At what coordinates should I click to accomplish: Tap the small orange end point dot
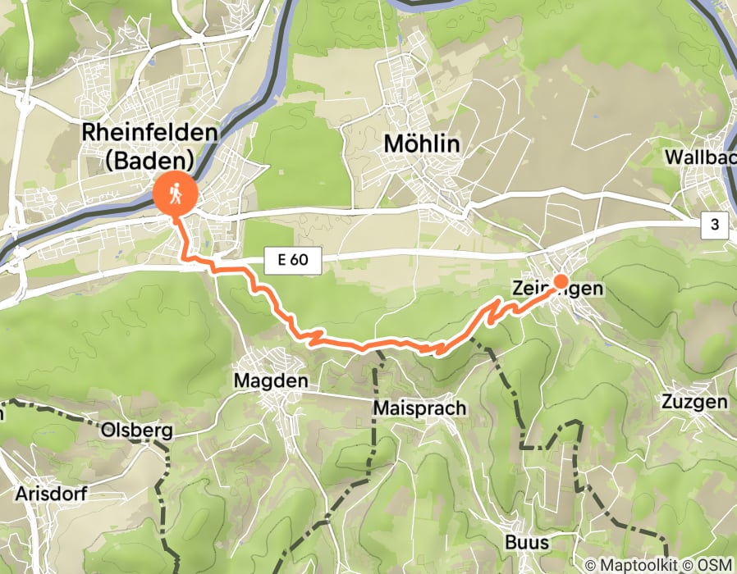[x=561, y=282]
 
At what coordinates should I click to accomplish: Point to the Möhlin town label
[x=422, y=145]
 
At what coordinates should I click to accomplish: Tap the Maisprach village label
[x=419, y=408]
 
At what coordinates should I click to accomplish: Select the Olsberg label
[x=136, y=430]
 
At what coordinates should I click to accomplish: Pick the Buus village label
[x=528, y=543]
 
